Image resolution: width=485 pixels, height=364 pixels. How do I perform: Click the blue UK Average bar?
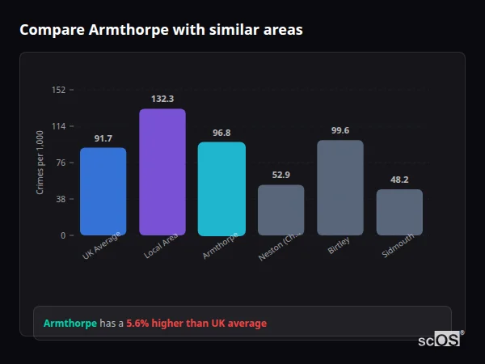point(103,191)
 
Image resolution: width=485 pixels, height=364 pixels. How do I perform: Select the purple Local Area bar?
point(162,171)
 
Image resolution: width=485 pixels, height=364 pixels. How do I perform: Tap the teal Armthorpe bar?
point(221,188)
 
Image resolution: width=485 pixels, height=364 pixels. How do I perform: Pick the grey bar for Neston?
point(281,210)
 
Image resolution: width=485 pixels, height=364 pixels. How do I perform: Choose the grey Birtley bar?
point(340,188)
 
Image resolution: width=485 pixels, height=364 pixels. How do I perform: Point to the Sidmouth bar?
point(399,212)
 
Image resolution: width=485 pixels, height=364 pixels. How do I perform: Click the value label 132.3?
point(162,99)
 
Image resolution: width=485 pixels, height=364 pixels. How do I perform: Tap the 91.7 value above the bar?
point(103,138)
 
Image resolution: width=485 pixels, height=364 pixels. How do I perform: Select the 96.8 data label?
point(221,133)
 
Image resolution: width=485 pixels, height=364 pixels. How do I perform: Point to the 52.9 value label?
point(281,175)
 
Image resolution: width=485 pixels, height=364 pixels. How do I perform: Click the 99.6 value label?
point(340,130)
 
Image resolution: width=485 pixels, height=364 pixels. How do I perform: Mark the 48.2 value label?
point(399,180)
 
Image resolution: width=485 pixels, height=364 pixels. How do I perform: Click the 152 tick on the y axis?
point(58,90)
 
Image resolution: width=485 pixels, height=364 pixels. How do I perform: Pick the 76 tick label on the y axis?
point(61,163)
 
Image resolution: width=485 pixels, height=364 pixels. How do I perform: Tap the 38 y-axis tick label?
point(61,199)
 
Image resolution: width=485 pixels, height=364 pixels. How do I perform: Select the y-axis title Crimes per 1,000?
point(40,163)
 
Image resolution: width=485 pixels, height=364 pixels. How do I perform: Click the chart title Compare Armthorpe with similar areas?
point(162,30)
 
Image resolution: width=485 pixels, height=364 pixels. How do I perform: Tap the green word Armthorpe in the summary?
point(70,324)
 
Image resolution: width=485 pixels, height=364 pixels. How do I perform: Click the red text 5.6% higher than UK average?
point(196,324)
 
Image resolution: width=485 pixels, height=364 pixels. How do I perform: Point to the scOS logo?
point(439,341)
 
